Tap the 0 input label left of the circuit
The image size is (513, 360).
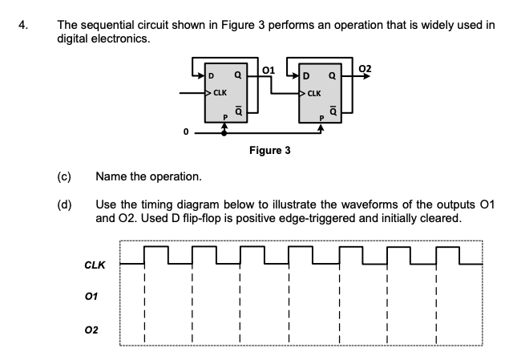pyautogui.click(x=187, y=131)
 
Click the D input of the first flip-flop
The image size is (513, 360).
pyautogui.click(x=212, y=77)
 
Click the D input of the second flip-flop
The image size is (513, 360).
pyautogui.click(x=308, y=77)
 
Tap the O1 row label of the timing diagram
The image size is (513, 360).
pyautogui.click(x=93, y=296)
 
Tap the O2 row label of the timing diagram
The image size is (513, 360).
pyautogui.click(x=93, y=330)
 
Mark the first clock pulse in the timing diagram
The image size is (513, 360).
pyautogui.click(x=156, y=254)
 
